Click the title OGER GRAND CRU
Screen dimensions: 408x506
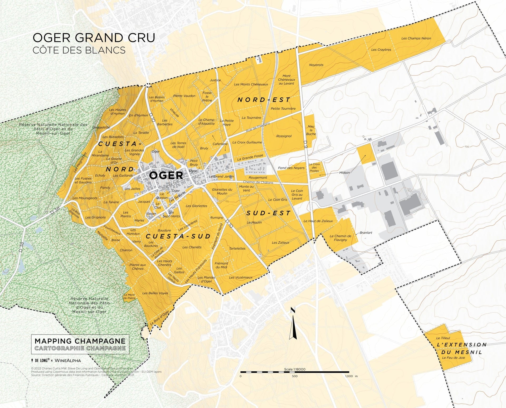point(94,38)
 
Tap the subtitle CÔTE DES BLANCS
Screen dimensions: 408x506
point(79,50)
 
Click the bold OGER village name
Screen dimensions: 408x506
point(166,175)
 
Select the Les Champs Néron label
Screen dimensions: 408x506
point(416,38)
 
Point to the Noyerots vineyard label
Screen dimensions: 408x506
point(316,65)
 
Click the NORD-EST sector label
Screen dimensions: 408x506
point(264,100)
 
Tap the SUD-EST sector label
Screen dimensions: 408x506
point(268,213)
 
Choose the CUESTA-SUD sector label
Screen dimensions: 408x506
point(178,236)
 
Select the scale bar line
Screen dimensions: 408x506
point(295,372)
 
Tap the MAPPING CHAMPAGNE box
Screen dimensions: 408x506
point(80,344)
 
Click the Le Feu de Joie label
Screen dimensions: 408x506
point(453,358)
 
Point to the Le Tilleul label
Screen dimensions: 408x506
point(443,338)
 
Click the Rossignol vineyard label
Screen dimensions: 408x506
point(284,136)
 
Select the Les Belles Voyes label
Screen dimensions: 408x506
point(155,293)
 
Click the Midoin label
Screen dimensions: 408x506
point(344,173)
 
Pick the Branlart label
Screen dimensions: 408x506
point(366,233)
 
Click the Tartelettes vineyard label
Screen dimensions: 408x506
point(237,248)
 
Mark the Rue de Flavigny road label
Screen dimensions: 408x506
point(257,128)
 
